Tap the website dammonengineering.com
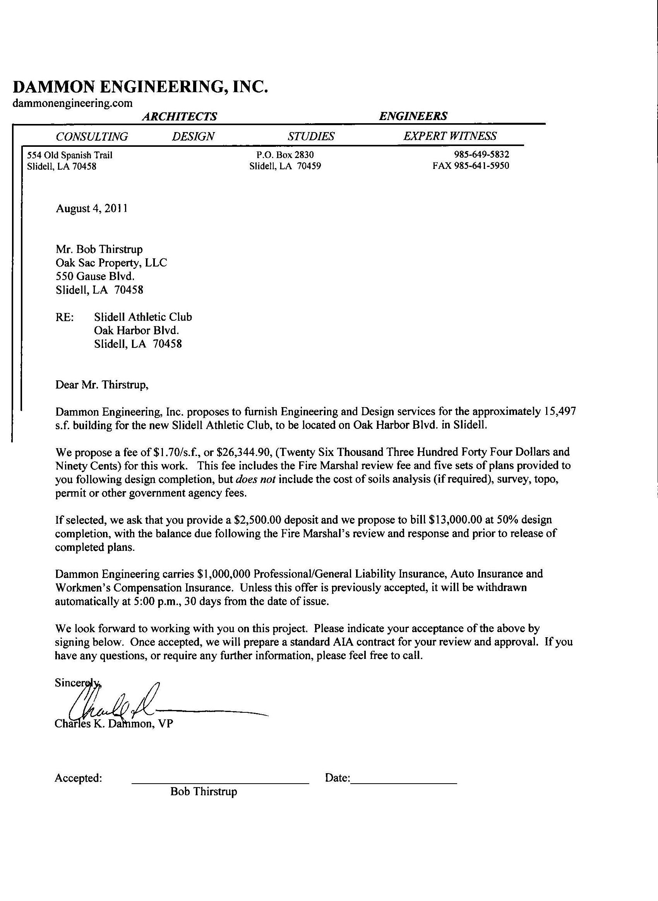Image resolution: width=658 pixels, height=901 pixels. pyautogui.click(x=72, y=103)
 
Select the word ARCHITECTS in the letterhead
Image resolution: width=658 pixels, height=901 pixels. pyautogui.click(x=180, y=116)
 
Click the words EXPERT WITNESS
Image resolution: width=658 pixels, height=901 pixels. pyautogui.click(x=450, y=136)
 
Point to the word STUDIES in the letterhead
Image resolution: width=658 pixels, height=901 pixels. pyautogui.click(x=311, y=137)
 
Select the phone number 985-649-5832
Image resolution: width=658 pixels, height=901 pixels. pyautogui.click(x=481, y=155)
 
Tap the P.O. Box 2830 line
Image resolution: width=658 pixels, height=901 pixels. pyautogui.click(x=285, y=155)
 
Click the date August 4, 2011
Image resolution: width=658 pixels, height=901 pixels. pyautogui.click(x=92, y=208)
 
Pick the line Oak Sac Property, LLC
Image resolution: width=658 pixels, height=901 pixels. pyautogui.click(x=111, y=263)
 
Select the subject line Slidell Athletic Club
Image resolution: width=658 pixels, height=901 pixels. pyautogui.click(x=143, y=317)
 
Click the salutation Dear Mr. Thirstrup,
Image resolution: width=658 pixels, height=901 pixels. pyautogui.click(x=102, y=385)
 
